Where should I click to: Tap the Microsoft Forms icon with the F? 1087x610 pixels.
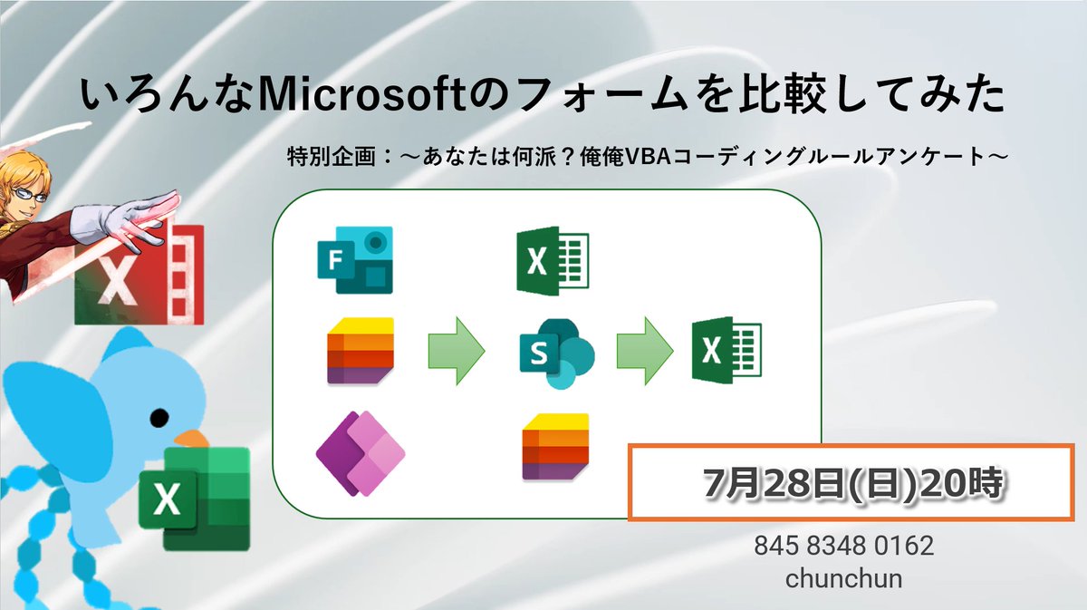coord(354,260)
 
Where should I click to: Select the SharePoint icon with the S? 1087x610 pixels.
coord(555,353)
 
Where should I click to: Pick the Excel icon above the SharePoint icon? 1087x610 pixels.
coord(552,261)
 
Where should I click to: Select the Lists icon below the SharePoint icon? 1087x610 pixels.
coord(554,446)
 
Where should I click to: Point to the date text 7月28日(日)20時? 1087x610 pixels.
coord(852,483)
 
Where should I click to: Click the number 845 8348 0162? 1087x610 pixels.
coord(843,547)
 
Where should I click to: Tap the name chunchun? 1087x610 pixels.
coord(843,578)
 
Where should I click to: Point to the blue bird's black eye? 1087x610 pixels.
coord(158,418)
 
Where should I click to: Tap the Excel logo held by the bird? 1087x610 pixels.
coord(193,498)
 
